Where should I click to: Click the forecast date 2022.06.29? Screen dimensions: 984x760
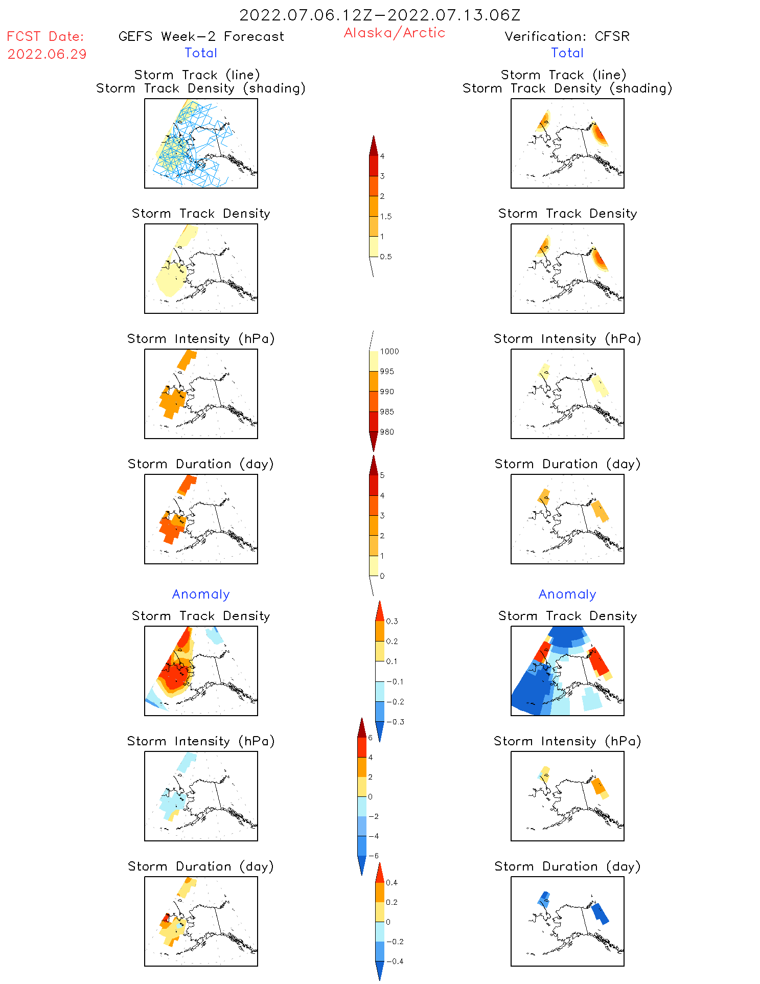coord(47,54)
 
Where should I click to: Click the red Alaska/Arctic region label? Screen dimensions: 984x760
coord(394,33)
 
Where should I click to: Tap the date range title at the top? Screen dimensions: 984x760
coord(380,15)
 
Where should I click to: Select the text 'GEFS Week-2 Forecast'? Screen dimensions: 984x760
coord(201,37)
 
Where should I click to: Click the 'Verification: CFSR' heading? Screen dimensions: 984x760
coord(567,37)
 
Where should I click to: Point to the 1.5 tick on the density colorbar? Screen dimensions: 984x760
coord(386,216)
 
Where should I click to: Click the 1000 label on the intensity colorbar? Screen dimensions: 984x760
coord(389,352)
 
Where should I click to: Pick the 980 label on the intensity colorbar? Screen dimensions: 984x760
coord(387,432)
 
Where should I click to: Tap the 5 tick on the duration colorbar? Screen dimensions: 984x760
coord(382,475)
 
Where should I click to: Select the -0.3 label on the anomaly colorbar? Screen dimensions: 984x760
coord(395,722)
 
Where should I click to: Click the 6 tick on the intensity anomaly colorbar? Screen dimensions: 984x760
coord(370,738)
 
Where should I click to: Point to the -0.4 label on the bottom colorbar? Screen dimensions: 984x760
coord(395,961)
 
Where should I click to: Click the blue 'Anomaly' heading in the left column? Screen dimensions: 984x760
coord(201,594)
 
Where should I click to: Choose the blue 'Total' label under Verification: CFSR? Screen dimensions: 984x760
coord(567,53)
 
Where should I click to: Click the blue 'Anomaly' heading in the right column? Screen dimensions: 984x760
coord(567,594)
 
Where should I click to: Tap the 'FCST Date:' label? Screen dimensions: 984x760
coord(45,37)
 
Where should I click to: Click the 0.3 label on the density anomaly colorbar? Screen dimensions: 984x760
coord(392,622)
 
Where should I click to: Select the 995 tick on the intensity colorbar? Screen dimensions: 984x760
coord(387,372)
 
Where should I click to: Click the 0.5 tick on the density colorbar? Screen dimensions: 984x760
coord(386,257)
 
